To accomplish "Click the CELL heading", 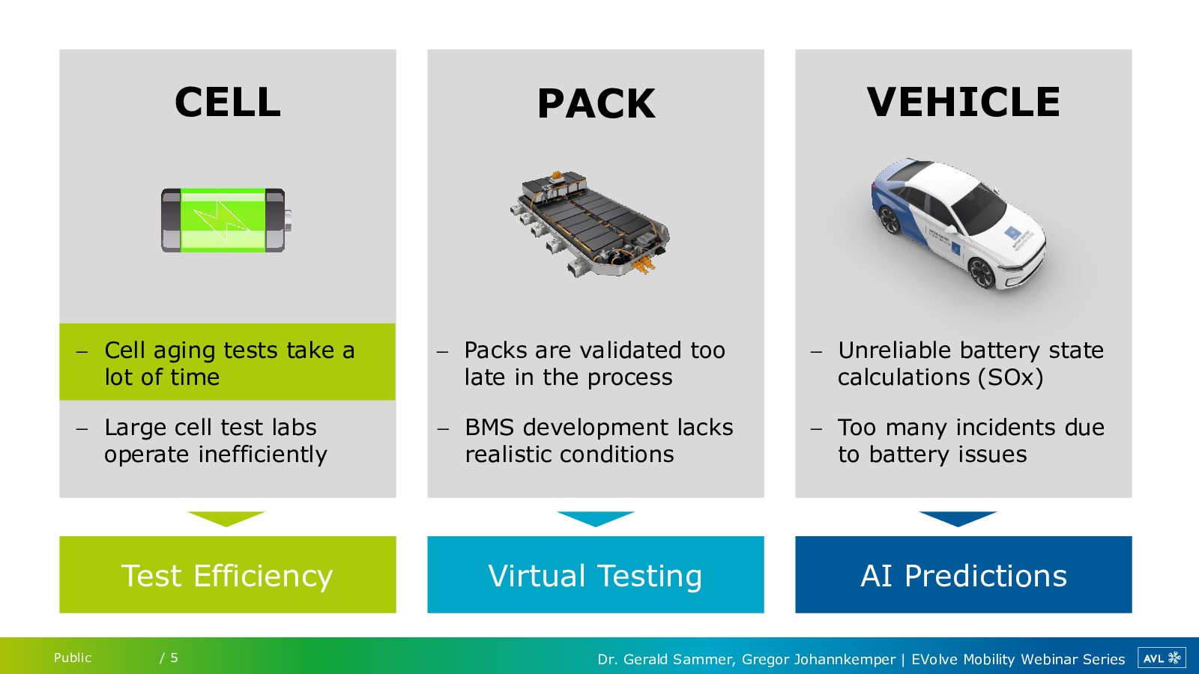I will click(x=227, y=103).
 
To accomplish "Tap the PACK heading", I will click(x=596, y=104).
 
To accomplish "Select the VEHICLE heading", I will click(x=963, y=103).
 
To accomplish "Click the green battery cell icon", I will click(x=225, y=220).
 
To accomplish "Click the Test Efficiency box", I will click(x=227, y=574).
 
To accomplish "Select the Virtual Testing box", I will click(x=595, y=574).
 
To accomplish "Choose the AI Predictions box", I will click(x=963, y=574).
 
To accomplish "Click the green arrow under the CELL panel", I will click(x=226, y=518).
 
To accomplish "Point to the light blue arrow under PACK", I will click(x=595, y=518).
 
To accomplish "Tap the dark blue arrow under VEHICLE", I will click(x=957, y=518).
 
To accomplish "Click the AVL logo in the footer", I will click(x=1161, y=658).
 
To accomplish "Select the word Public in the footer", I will click(x=73, y=658).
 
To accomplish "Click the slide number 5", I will click(x=174, y=658).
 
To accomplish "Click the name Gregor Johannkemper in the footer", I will click(x=818, y=659).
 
